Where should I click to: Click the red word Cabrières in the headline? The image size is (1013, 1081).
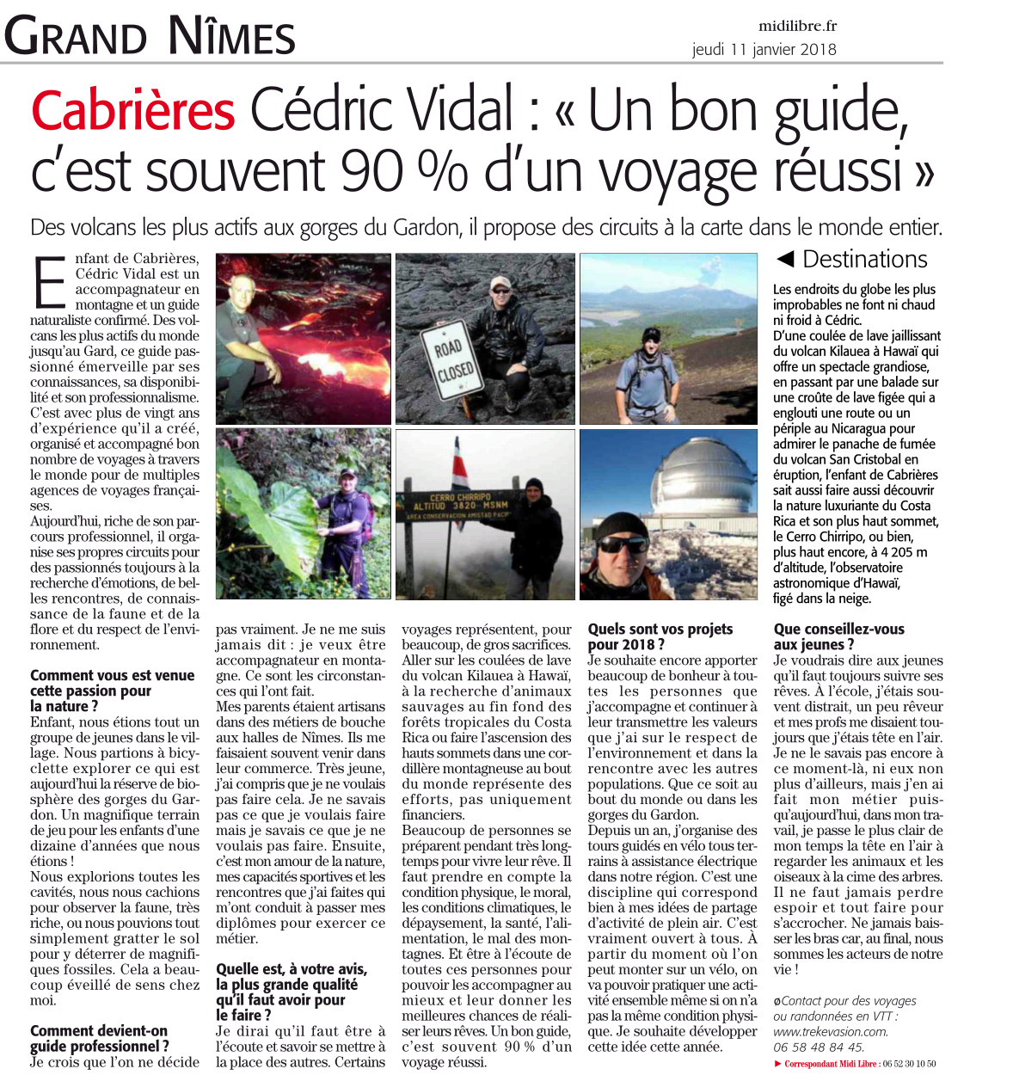[133, 111]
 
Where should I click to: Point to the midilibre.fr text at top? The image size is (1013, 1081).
[797, 27]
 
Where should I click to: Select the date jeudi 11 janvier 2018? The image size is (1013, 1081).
[764, 49]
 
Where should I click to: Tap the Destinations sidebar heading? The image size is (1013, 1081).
[864, 259]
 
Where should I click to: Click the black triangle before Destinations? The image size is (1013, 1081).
[783, 259]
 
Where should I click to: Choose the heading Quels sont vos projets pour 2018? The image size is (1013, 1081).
[660, 636]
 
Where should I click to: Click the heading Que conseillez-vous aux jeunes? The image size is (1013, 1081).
[838, 636]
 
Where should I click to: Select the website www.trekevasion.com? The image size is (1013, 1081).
[830, 1031]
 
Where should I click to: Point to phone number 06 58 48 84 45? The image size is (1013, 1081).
[818, 1047]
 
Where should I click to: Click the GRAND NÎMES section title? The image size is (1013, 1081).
[150, 37]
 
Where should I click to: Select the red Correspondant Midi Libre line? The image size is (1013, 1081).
[855, 1064]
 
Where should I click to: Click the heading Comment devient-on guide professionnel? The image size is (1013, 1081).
[99, 1038]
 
